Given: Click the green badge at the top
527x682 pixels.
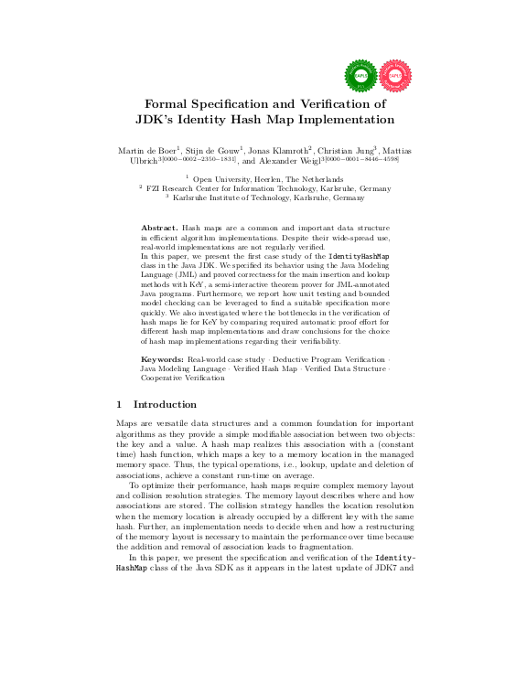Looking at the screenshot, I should click(x=360, y=75).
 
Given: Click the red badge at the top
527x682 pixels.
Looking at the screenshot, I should click(x=395, y=75).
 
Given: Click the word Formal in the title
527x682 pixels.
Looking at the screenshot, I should click(x=171, y=104).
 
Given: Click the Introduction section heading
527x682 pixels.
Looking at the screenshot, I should click(x=165, y=404).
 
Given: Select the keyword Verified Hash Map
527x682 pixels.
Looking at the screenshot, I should click(x=265, y=368).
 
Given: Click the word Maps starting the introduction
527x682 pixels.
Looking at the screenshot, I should click(x=127, y=424).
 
